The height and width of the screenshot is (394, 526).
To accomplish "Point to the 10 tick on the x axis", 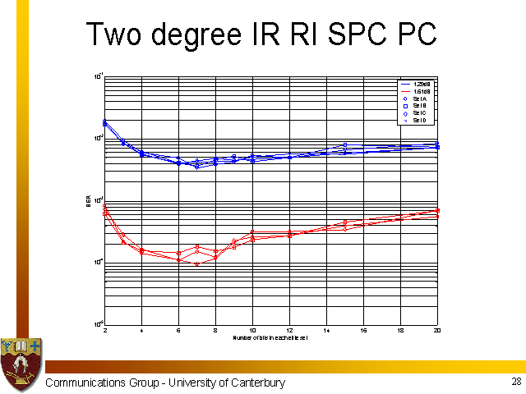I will click(252, 330).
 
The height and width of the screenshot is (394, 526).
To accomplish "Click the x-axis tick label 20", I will click(436, 330).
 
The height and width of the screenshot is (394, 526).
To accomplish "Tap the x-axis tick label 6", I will click(178, 330).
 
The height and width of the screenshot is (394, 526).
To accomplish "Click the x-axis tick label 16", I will click(362, 330).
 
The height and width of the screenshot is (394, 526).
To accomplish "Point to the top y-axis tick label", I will click(97, 76).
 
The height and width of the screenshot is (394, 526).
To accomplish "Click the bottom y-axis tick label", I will click(97, 323).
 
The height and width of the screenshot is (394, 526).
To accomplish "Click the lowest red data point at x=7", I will click(197, 264).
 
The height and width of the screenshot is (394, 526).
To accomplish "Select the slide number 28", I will click(515, 382).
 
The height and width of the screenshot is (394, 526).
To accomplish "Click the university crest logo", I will click(21, 363).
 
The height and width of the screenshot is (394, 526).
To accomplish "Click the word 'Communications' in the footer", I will click(85, 383).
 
